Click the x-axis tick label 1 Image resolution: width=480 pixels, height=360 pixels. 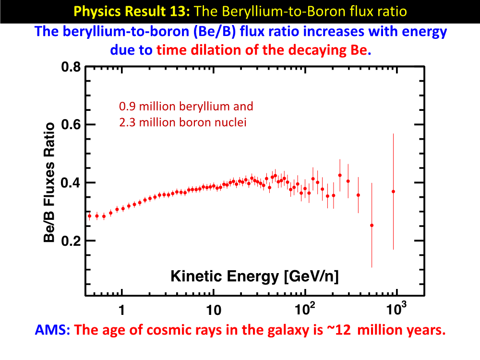122,310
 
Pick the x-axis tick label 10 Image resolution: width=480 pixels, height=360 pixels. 213,310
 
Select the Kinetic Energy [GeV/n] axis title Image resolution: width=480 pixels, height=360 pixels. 255,276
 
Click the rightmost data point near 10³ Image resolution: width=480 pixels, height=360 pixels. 394,192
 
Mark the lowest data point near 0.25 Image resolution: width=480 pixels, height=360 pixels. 372,225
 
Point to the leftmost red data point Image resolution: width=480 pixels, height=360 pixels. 89,216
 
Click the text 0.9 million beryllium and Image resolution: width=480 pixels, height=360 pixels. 186,107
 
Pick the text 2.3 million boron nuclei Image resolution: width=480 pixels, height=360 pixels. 183,122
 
